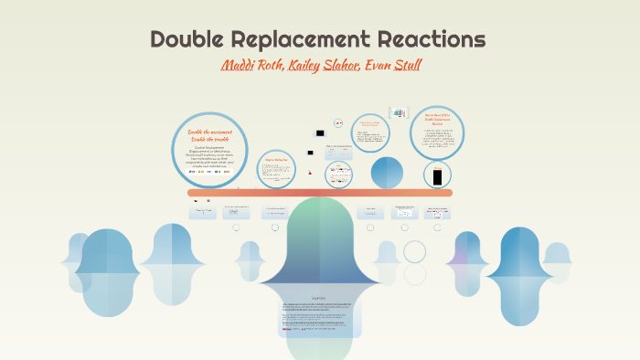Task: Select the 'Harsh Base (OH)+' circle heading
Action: [x=437, y=119]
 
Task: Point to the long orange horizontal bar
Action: [x=320, y=193]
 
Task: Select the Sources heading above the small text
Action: [x=319, y=297]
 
